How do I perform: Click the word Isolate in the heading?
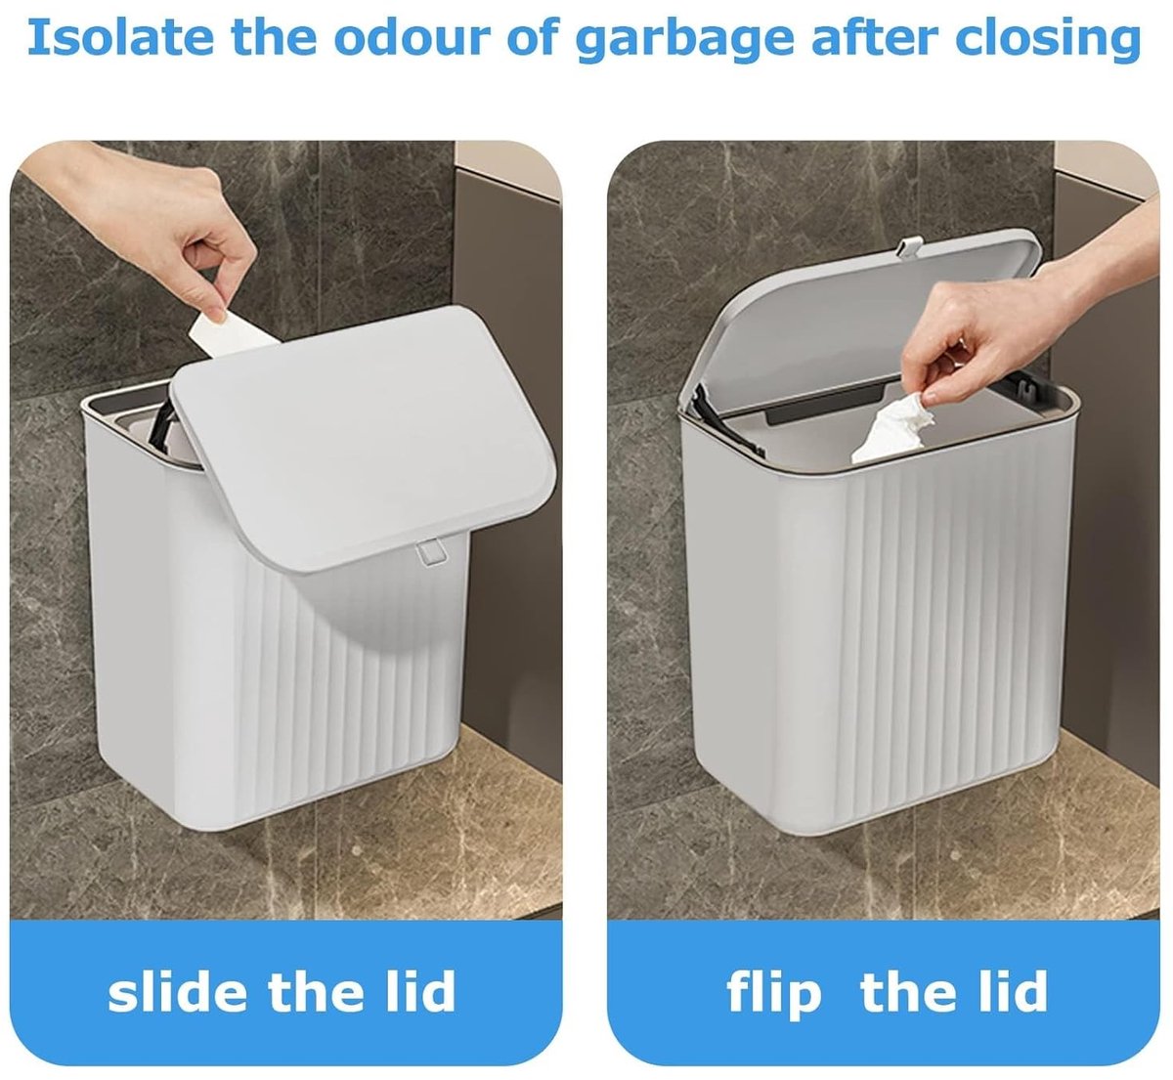pos(120,37)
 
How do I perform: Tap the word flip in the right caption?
pos(773,992)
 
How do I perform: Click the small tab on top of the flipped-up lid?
pos(911,246)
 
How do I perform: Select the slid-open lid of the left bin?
pos(363,439)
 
